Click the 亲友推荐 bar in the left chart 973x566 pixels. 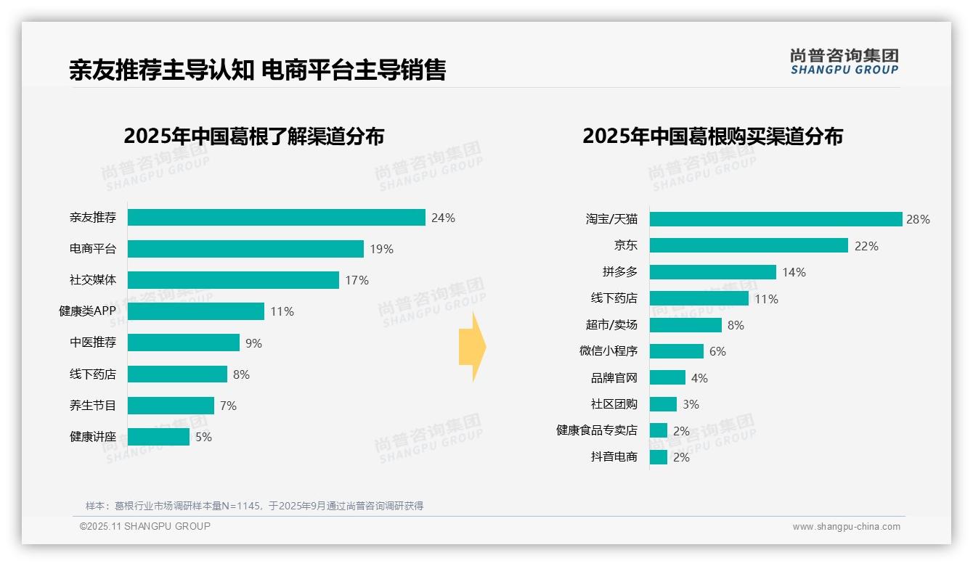tap(276, 218)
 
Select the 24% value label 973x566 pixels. tap(443, 218)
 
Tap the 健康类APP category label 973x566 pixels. tap(87, 311)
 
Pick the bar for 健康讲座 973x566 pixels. tap(158, 437)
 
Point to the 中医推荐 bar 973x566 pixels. tap(184, 343)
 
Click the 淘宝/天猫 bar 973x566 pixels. tap(775, 219)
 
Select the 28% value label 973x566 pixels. tap(918, 219)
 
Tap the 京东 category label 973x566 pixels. tap(625, 246)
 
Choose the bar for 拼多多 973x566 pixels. tap(712, 272)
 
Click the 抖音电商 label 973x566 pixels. tap(614, 457)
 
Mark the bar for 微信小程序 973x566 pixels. tap(676, 351)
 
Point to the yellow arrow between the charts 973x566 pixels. tap(473, 348)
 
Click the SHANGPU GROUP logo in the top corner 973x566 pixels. tap(844, 62)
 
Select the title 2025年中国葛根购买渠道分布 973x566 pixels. tap(712, 136)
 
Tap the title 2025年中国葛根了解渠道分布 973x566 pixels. tap(253, 136)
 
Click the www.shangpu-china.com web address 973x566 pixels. tap(846, 527)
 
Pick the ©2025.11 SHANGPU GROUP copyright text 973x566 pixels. tap(144, 527)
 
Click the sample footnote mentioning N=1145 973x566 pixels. tap(254, 506)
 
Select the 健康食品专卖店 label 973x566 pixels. tap(596, 430)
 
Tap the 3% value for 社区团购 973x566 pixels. tap(691, 404)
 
